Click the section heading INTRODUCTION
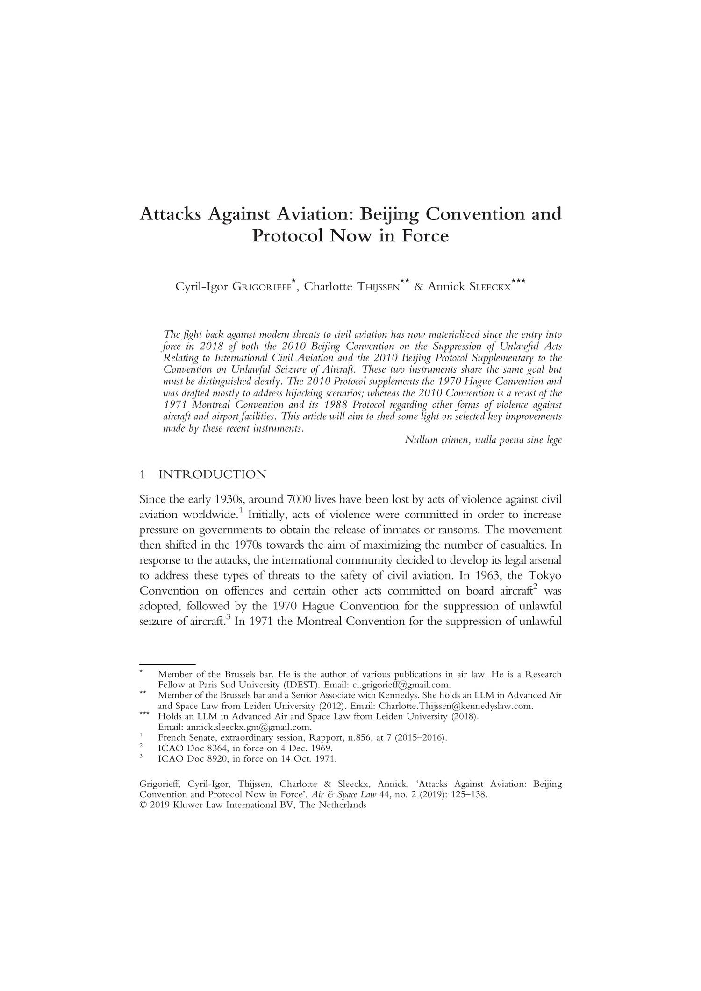pyautogui.click(x=213, y=475)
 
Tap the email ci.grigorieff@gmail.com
pyautogui.click(x=401, y=685)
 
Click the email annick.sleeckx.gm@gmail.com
pyautogui.click(x=249, y=727)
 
